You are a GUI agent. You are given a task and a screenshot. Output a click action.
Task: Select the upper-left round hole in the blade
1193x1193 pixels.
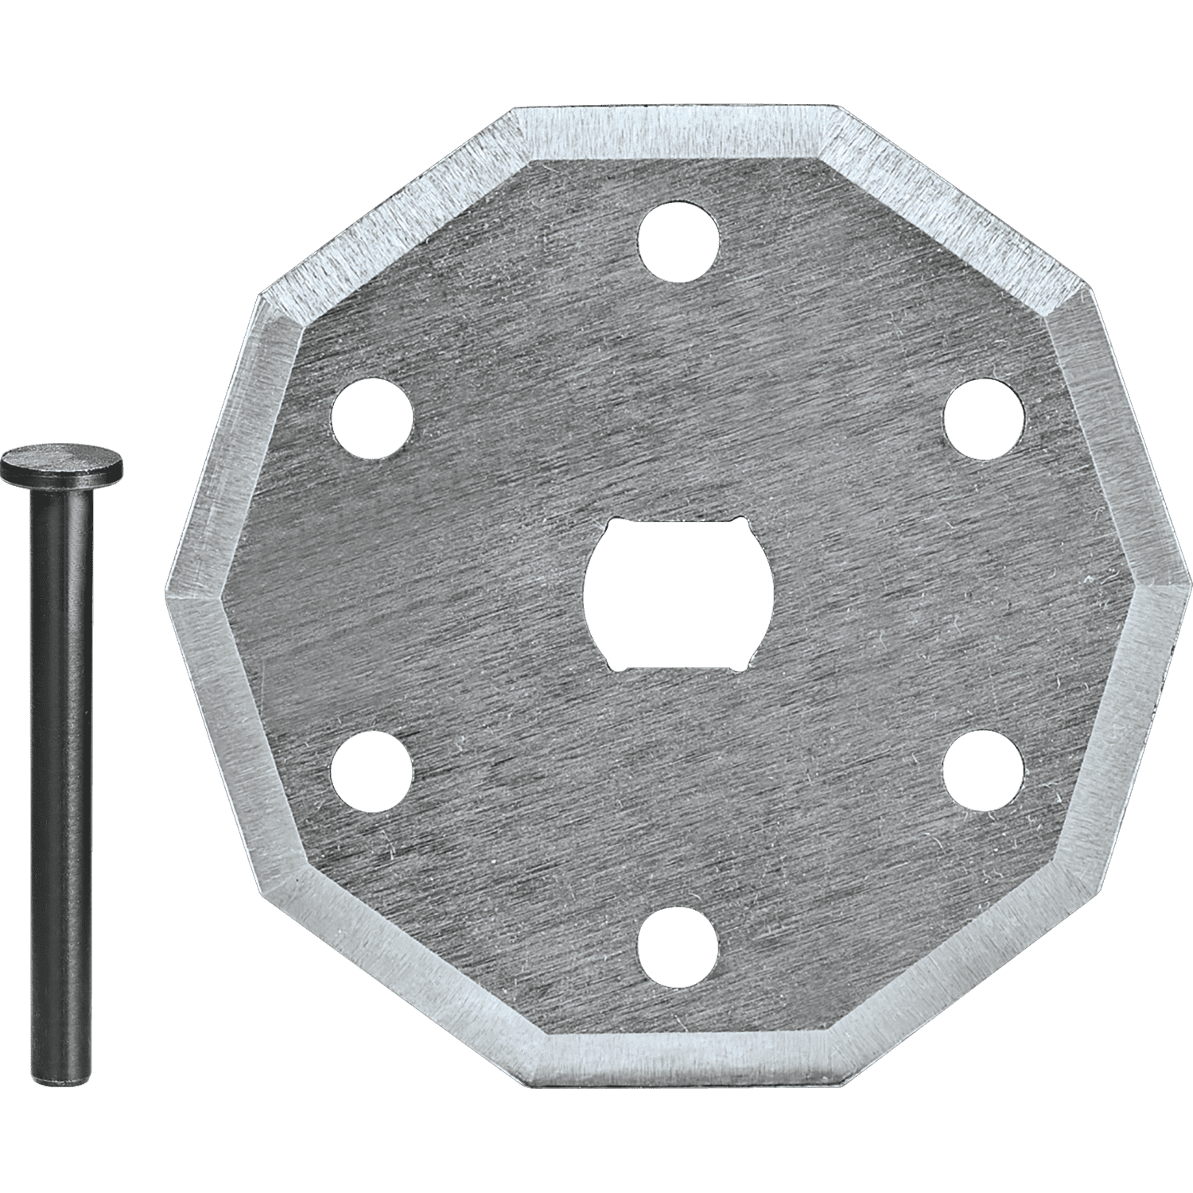click(x=371, y=417)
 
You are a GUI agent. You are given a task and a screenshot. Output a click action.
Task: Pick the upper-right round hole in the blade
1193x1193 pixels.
click(x=983, y=417)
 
